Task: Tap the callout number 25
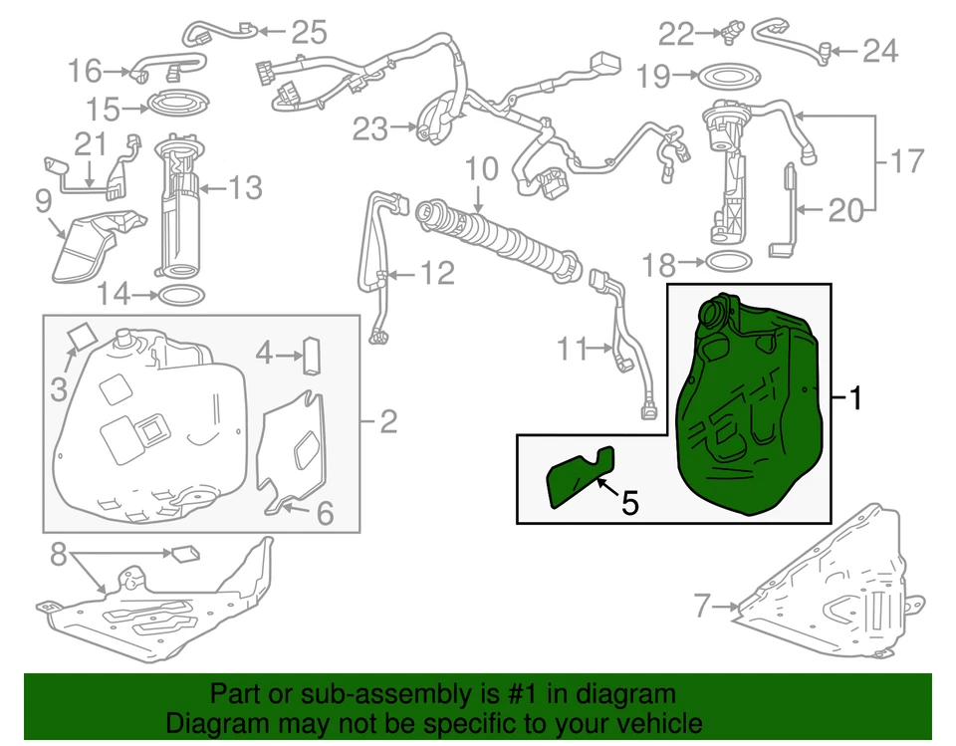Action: (308, 33)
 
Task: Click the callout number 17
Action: (906, 159)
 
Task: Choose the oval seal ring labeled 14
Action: (180, 295)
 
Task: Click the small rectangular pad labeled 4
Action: (312, 355)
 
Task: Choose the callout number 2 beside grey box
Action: (387, 423)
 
